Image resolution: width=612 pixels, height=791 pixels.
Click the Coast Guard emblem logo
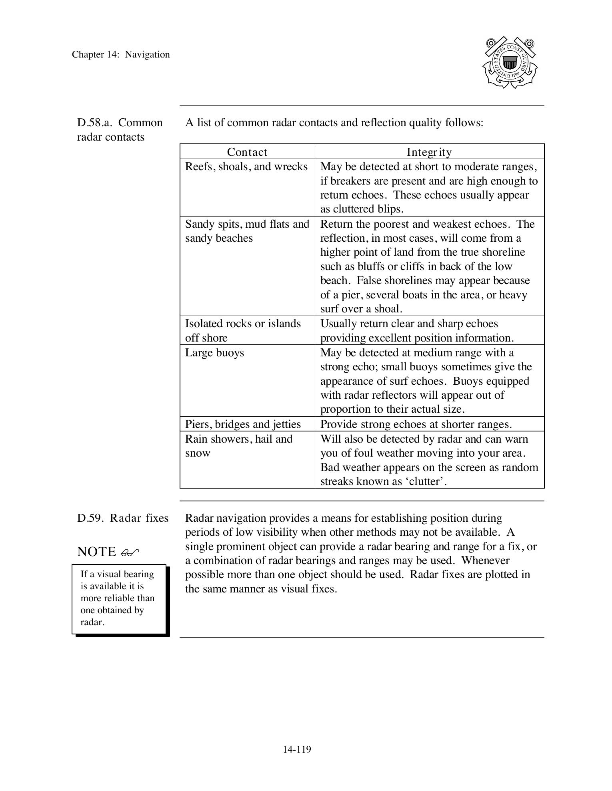pyautogui.click(x=510, y=63)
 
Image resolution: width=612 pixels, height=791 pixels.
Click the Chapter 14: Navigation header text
pyautogui.click(x=121, y=55)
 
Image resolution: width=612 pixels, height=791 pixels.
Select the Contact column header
pyautogui.click(x=247, y=152)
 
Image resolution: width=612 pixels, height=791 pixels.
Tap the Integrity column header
pyautogui.click(x=429, y=152)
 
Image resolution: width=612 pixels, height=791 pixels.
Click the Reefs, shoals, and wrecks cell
pyautogui.click(x=246, y=167)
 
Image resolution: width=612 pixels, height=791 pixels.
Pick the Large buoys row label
pyautogui.click(x=214, y=353)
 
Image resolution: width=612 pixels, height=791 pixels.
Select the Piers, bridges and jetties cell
pyautogui.click(x=243, y=424)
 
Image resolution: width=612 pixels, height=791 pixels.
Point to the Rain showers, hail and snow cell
pyautogui.click(x=239, y=446)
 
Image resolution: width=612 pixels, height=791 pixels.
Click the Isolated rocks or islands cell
pyautogui.click(x=243, y=330)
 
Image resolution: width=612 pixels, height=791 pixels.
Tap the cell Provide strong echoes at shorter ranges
pyautogui.click(x=416, y=424)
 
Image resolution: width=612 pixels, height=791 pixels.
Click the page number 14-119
pyautogui.click(x=297, y=749)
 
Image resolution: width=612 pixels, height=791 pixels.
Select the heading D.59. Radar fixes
pyautogui.click(x=123, y=518)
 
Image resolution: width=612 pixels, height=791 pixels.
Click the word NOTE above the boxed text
pyautogui.click(x=96, y=552)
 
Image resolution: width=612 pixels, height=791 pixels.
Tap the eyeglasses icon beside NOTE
pyautogui.click(x=130, y=553)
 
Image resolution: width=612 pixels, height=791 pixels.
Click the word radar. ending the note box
pyautogui.click(x=92, y=622)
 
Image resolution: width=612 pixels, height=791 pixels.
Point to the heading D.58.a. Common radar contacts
pyautogui.click(x=120, y=129)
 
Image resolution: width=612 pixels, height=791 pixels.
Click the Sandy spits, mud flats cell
pyautogui.click(x=247, y=231)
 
